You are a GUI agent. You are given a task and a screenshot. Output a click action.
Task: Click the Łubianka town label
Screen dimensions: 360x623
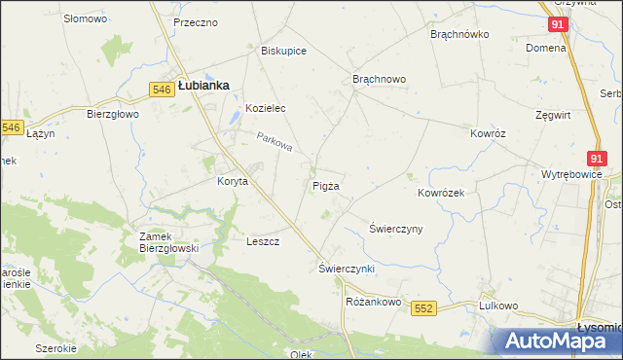tap(203, 86)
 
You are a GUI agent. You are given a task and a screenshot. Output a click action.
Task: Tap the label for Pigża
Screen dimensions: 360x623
tap(326, 186)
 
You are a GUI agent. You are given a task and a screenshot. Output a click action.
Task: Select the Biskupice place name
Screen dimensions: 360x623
tap(284, 51)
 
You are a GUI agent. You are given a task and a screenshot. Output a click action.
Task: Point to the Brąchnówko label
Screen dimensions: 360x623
tap(459, 33)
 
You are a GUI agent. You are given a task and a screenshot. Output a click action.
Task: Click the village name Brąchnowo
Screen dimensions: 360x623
tap(379, 79)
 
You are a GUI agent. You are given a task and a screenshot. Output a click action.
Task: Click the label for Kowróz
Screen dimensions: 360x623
tap(489, 133)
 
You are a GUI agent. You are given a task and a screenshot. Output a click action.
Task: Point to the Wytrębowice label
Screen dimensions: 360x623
tap(571, 175)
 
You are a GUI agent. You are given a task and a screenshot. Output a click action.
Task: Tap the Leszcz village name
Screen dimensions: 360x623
tap(263, 241)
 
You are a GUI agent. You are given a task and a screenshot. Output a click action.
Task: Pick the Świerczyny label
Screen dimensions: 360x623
tap(395, 229)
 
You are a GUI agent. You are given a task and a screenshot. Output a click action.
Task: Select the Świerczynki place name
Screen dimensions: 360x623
tap(347, 268)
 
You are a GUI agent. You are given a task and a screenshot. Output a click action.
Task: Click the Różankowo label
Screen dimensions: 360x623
tap(374, 302)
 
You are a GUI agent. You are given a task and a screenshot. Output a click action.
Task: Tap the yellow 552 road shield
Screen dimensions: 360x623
tap(422, 307)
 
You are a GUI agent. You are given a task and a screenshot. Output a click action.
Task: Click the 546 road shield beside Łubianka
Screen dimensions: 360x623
tap(163, 89)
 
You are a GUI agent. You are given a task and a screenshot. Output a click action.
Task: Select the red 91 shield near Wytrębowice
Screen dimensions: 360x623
tap(598, 158)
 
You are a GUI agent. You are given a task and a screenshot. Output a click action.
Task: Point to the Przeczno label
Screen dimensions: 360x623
tap(195, 22)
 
